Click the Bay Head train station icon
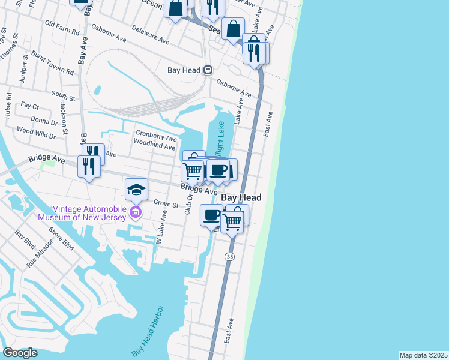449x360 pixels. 208,70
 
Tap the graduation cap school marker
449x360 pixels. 136,190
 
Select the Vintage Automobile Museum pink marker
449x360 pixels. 136,212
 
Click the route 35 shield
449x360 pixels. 229,256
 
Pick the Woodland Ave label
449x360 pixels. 155,146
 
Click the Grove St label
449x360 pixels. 166,205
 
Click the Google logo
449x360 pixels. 20,353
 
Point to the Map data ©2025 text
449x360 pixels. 423,355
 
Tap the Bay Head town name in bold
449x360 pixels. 241,197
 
